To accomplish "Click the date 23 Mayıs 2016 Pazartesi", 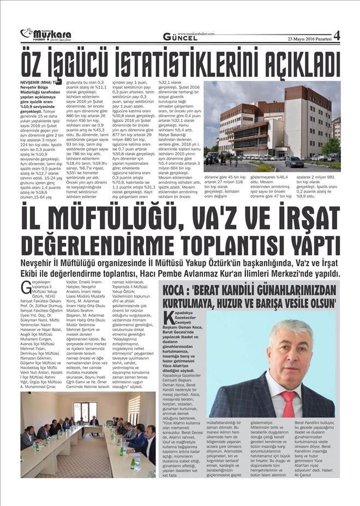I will tap(309, 38).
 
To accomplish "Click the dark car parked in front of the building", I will tap(295, 162).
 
